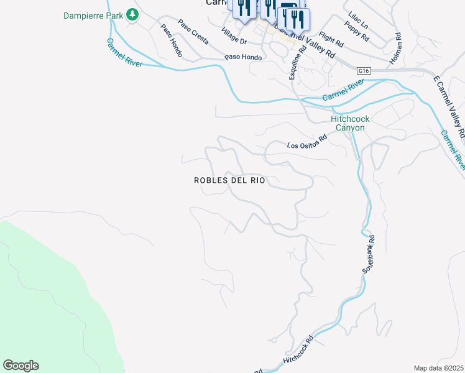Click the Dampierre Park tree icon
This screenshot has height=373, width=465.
pos(132,14)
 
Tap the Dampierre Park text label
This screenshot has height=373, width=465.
pos(93,14)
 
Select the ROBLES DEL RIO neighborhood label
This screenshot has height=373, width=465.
pos(229,180)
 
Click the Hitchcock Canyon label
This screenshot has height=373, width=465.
pos(348,123)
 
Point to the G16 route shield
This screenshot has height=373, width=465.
pos(364,71)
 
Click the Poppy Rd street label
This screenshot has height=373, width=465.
pos(359,34)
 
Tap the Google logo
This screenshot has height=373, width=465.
pos(21,366)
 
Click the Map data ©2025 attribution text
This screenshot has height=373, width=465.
pos(438,368)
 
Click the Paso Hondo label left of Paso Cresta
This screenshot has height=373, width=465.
pos(170,41)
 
